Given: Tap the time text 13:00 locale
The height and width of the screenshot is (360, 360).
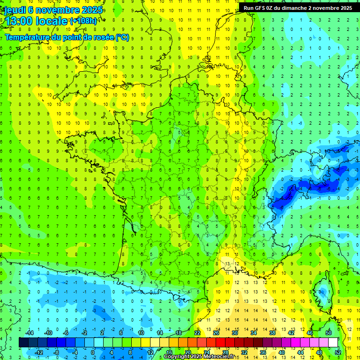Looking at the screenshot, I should click(36, 21).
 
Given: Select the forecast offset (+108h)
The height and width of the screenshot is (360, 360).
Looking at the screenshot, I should click(83, 21).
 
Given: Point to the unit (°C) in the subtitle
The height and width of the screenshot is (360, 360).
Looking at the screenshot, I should click(122, 37).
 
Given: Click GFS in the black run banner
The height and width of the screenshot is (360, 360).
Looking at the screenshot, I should click(262, 7).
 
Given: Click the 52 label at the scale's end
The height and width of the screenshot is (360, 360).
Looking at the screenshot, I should click(338, 352).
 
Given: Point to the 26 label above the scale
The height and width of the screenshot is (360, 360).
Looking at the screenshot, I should click(216, 333).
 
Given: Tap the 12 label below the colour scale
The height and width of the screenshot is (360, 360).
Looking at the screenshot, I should click(150, 352).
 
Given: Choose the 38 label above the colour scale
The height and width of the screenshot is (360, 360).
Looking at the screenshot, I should click(272, 333).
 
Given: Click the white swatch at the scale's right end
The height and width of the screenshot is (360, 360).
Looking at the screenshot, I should click(333, 342).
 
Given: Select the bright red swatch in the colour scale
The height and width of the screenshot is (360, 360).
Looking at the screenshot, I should click(221, 342).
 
